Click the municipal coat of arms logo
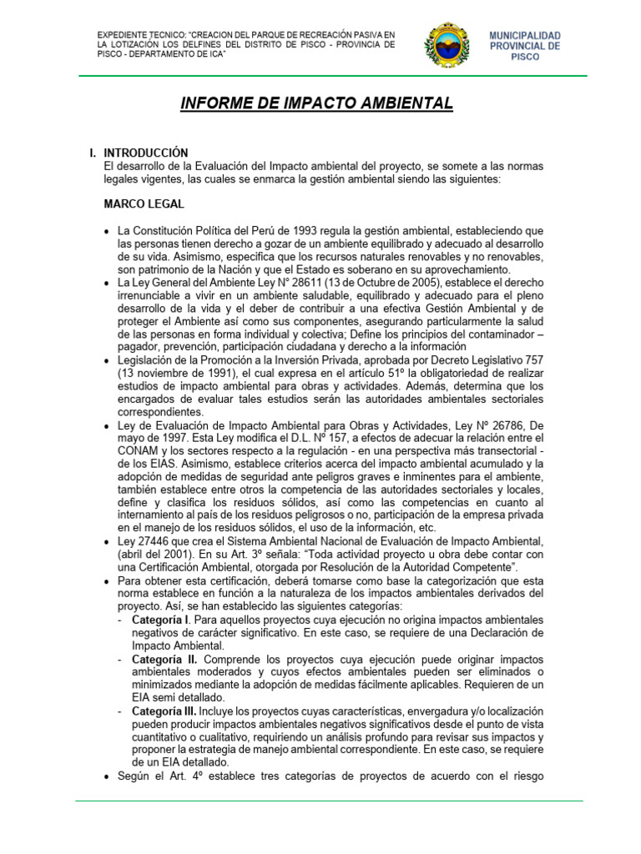tap(452, 45)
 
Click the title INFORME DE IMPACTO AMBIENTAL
tap(317, 103)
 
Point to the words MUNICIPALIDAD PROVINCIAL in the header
tap(525, 41)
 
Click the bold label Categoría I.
tap(161, 620)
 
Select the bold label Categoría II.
tap(164, 659)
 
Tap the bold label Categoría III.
tap(164, 711)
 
